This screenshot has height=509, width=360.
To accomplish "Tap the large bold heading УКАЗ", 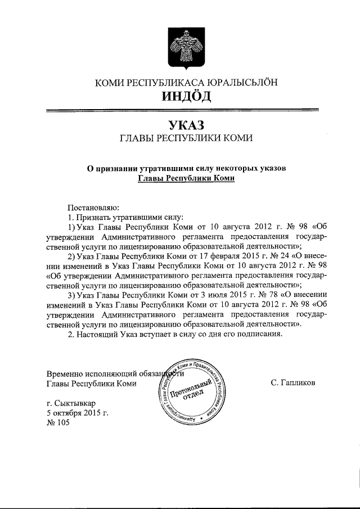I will coord(186,124).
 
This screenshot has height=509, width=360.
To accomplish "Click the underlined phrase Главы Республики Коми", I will coord(186,177).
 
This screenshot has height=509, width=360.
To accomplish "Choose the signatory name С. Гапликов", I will coord(292,383).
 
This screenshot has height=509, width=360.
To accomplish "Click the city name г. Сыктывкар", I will coord(71,403).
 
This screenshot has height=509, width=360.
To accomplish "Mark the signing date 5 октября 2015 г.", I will coord(77,413).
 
